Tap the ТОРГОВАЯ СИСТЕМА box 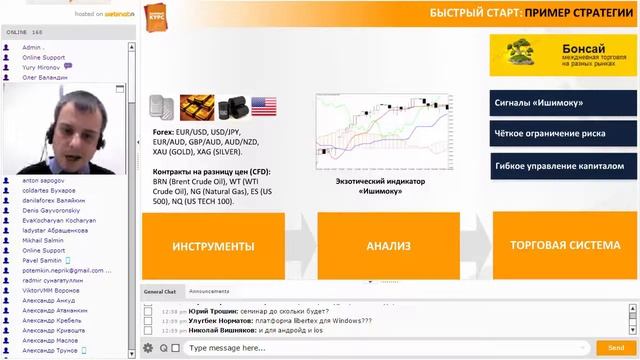[x=565, y=245]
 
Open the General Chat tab [x=160, y=291]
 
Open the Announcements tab [x=209, y=291]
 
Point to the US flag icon [x=264, y=107]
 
